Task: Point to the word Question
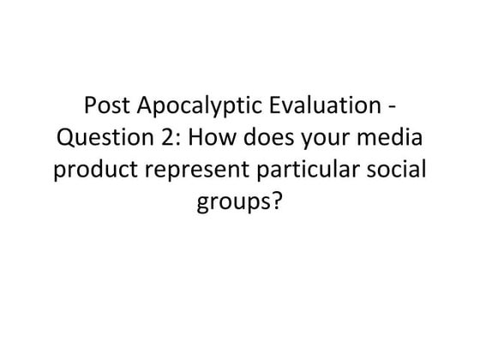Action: point(97,139)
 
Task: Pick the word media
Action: point(368,139)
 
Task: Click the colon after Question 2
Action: point(164,141)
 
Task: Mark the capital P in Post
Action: point(91,110)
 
